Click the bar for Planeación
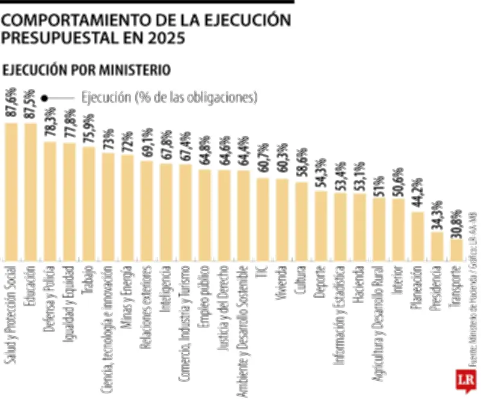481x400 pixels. tap(418, 235)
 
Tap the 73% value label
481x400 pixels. tap(108, 140)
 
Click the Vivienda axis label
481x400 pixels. tap(282, 288)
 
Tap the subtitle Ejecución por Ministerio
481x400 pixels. tap(87, 70)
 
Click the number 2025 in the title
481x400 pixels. tap(162, 38)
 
